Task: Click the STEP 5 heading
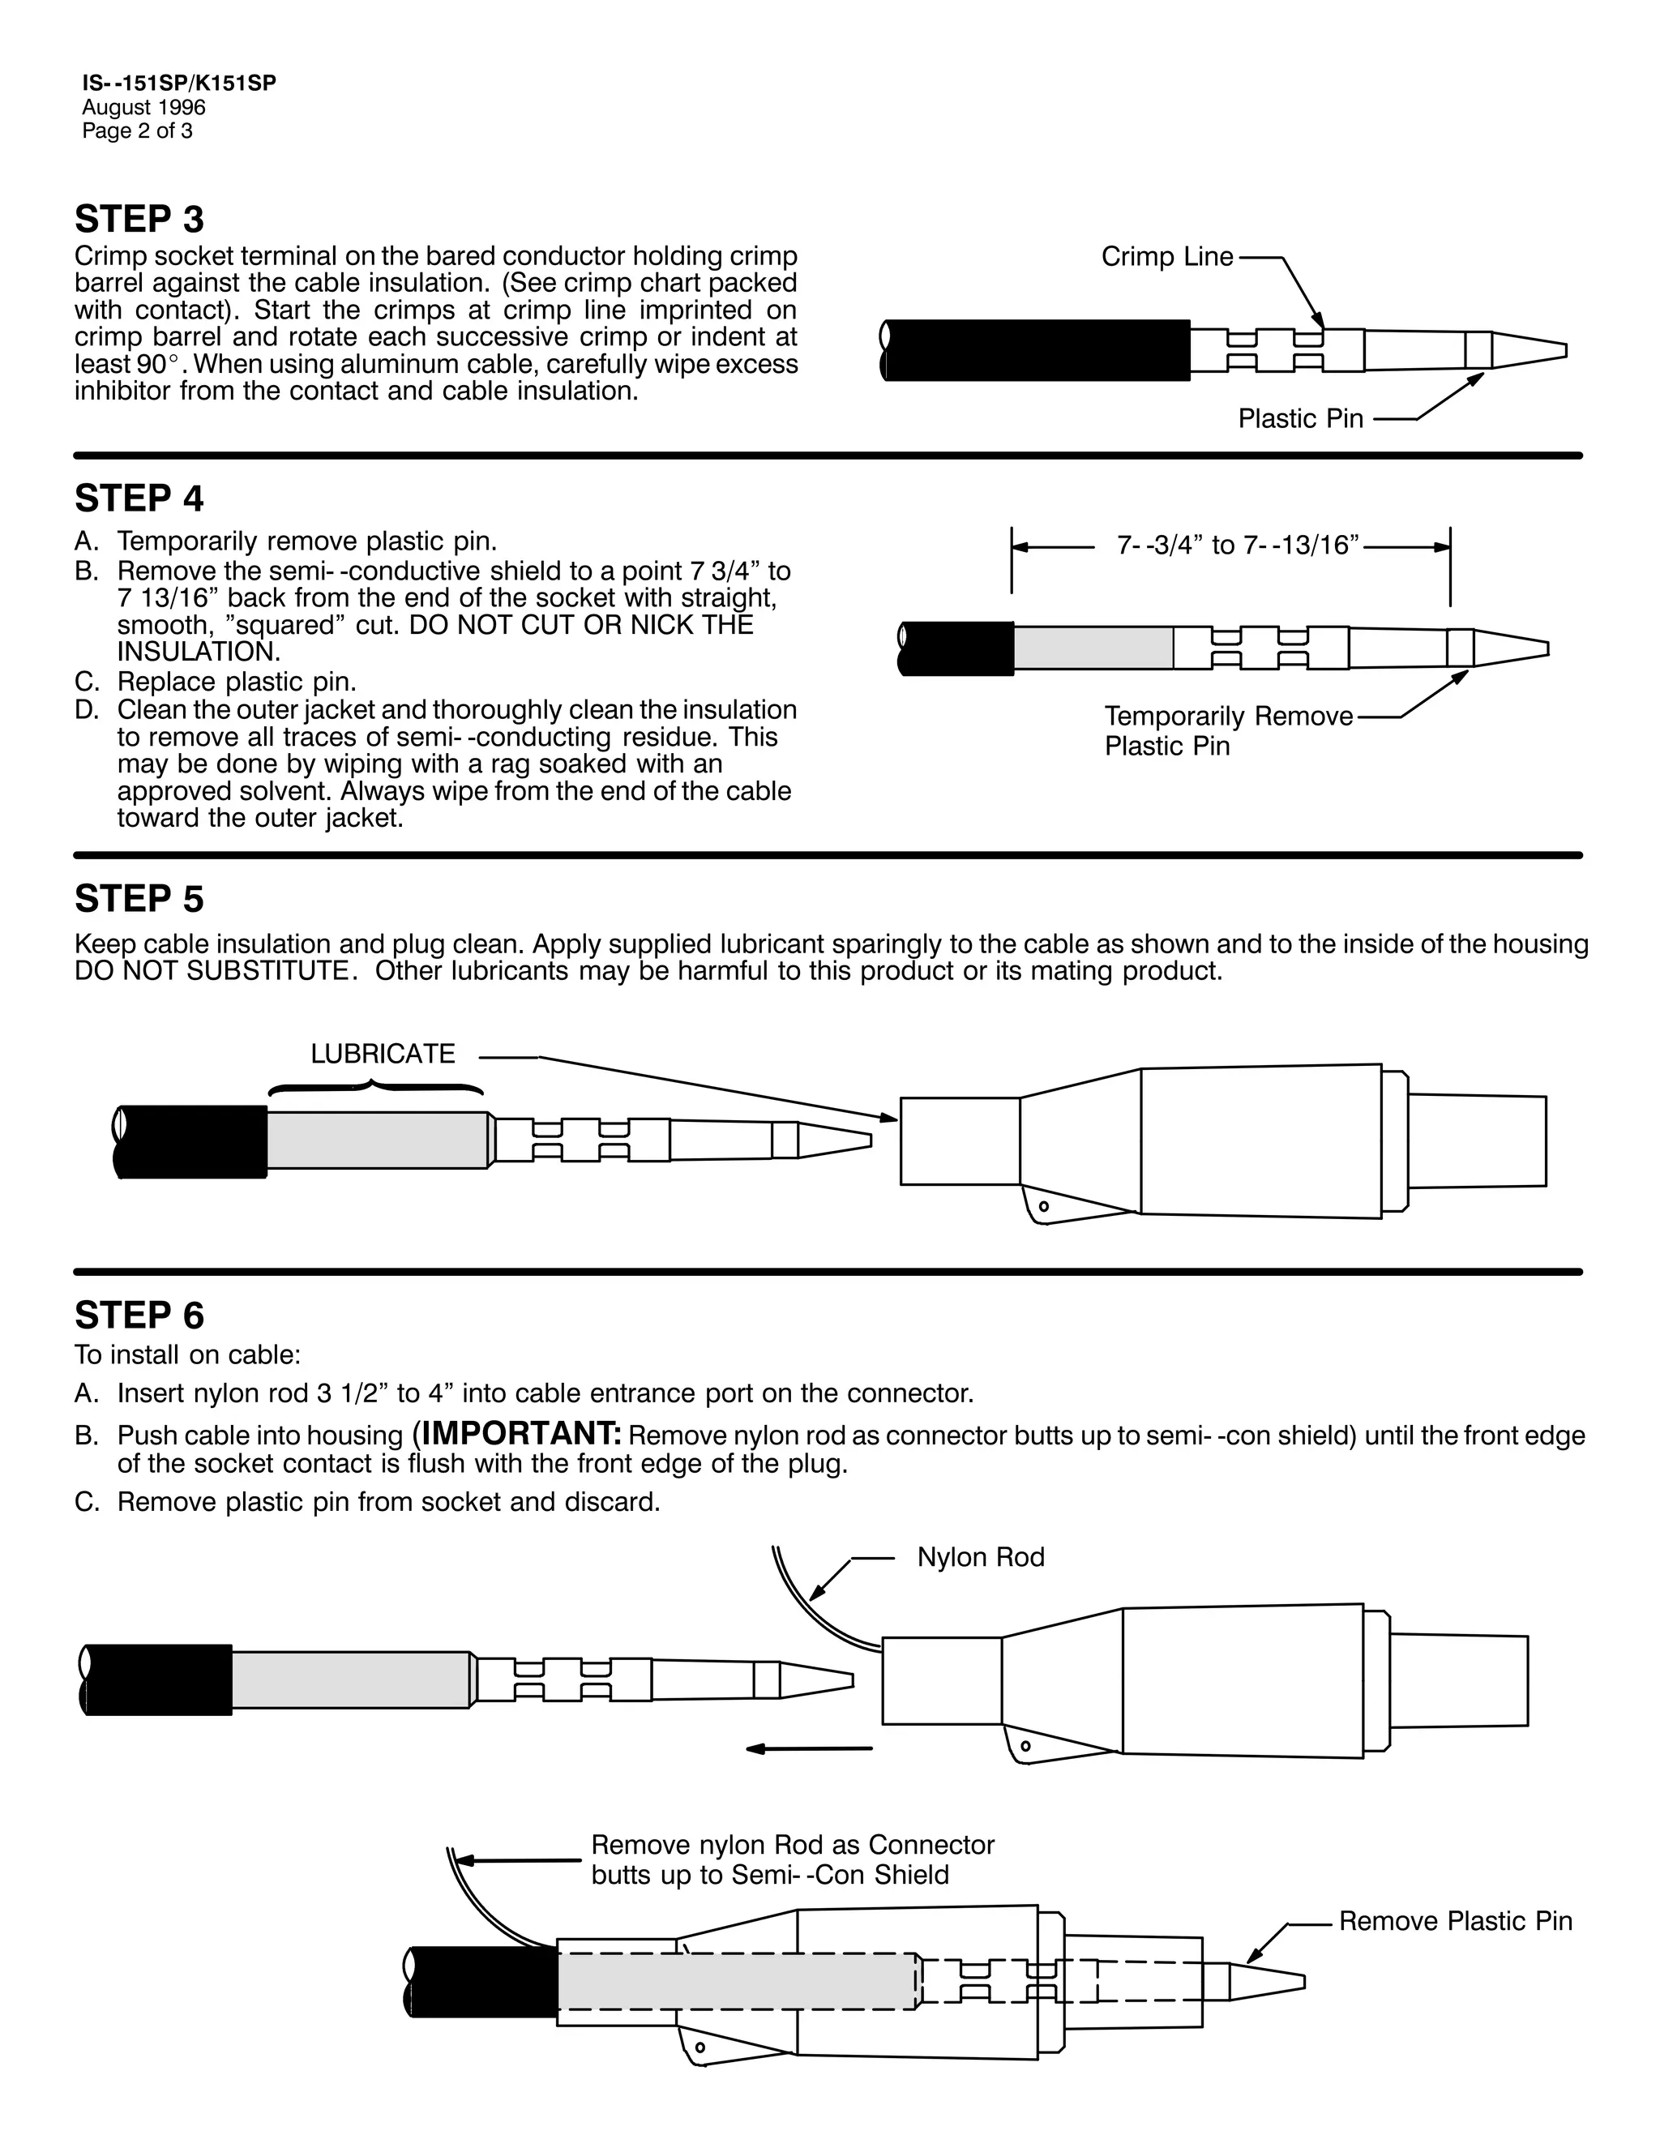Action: (x=139, y=899)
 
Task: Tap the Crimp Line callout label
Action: (x=1166, y=257)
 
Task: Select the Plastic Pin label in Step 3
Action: (x=1300, y=419)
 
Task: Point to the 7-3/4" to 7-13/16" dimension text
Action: (x=1237, y=545)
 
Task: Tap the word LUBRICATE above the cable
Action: (x=383, y=1055)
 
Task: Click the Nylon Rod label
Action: (x=981, y=1558)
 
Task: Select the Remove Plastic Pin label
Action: (x=1454, y=1921)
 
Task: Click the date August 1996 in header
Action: (x=143, y=107)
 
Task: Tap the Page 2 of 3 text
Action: (x=137, y=131)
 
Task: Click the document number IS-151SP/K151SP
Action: (x=179, y=83)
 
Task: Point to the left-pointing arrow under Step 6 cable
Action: (x=808, y=1748)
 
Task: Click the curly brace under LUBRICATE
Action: (x=374, y=1089)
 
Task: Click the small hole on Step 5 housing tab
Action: (x=1043, y=1206)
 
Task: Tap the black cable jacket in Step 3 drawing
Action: (x=1037, y=350)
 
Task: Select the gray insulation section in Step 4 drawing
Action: (x=1093, y=648)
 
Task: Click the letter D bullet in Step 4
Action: (x=87, y=710)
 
